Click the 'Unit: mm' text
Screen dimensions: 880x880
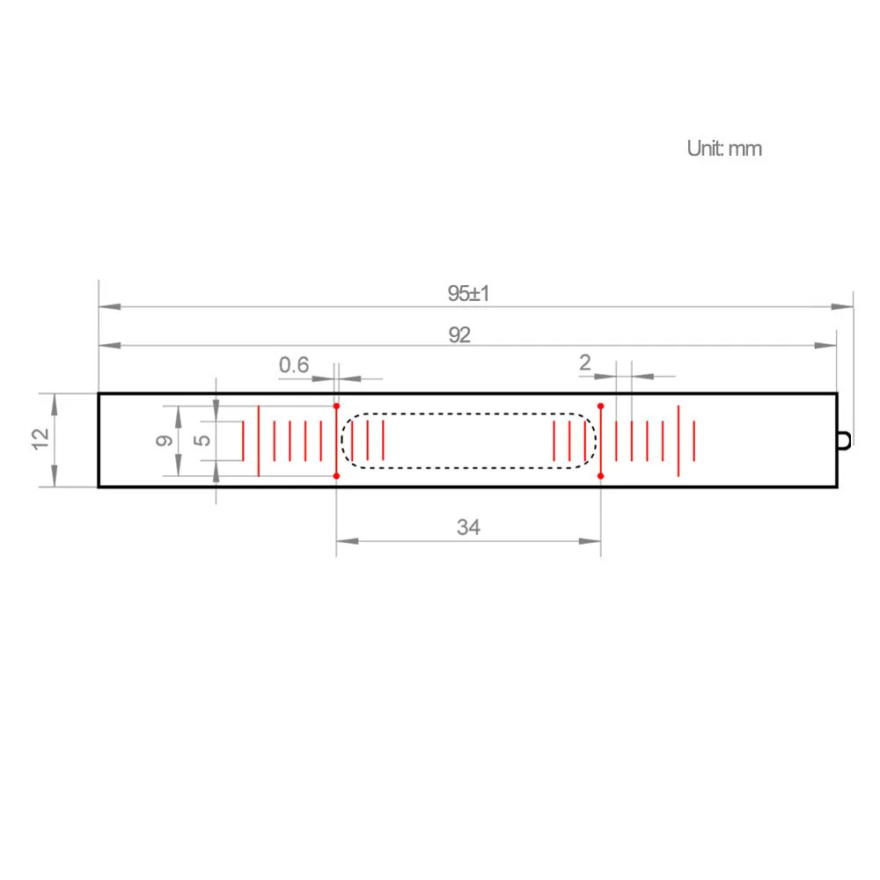tap(724, 149)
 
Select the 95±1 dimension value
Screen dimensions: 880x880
tap(468, 294)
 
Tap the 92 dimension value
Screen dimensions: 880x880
tap(459, 335)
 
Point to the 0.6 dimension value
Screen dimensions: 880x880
tap(294, 364)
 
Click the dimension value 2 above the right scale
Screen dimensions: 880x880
tap(585, 363)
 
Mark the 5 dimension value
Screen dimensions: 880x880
tap(202, 440)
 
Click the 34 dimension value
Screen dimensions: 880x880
tap(468, 527)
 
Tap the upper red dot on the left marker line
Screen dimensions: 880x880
tap(336, 406)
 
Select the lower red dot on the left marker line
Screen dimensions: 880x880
tap(336, 476)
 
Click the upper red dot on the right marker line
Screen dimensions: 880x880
tap(600, 406)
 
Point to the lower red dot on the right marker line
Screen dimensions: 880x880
tap(600, 476)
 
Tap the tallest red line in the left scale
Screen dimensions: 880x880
tap(258, 440)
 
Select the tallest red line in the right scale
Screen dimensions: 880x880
tap(678, 440)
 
